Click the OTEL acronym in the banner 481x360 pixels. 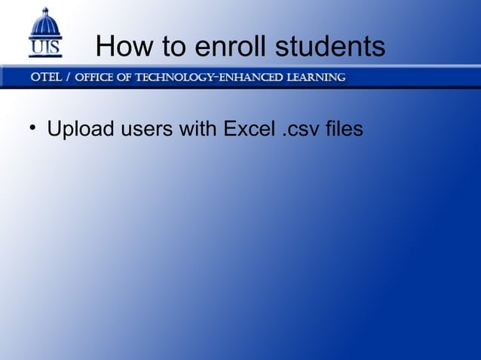47,78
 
